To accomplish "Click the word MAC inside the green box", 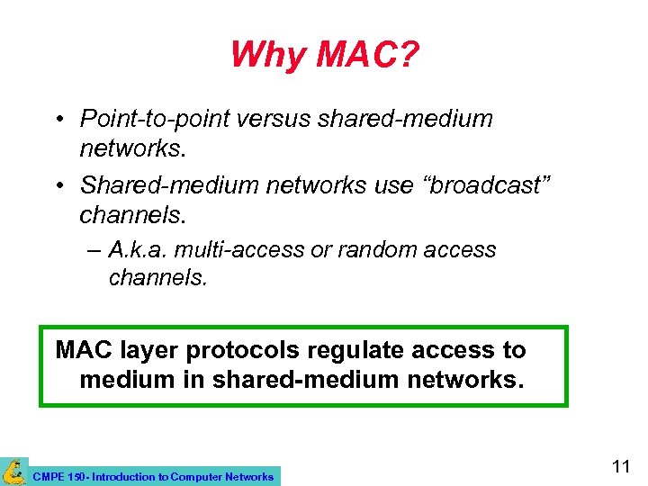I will point(83,350).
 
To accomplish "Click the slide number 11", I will point(620,466).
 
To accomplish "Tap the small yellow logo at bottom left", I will point(14,472).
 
